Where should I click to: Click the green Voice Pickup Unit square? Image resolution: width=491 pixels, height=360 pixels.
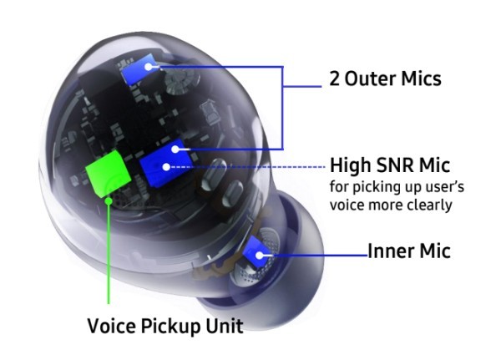(109, 173)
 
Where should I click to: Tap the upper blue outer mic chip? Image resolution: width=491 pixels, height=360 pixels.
(139, 69)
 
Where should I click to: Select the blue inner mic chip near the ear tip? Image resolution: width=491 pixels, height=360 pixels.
(257, 252)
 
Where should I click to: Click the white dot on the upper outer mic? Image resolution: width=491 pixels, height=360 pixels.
(149, 67)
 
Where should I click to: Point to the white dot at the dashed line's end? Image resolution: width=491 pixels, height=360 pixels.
(167, 167)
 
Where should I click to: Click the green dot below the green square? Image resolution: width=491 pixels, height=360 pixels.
(109, 200)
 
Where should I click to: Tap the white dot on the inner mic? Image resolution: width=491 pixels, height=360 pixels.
(259, 256)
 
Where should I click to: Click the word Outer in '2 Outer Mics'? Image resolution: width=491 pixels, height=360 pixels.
(370, 79)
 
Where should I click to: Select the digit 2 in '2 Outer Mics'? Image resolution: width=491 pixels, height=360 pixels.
(334, 79)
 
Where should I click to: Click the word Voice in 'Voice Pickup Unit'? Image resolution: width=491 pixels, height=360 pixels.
(112, 326)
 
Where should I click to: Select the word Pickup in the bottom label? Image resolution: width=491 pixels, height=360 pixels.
(170, 327)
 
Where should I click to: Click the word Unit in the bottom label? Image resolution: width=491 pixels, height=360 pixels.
(224, 326)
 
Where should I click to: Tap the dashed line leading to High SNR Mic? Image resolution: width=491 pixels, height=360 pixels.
(248, 167)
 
